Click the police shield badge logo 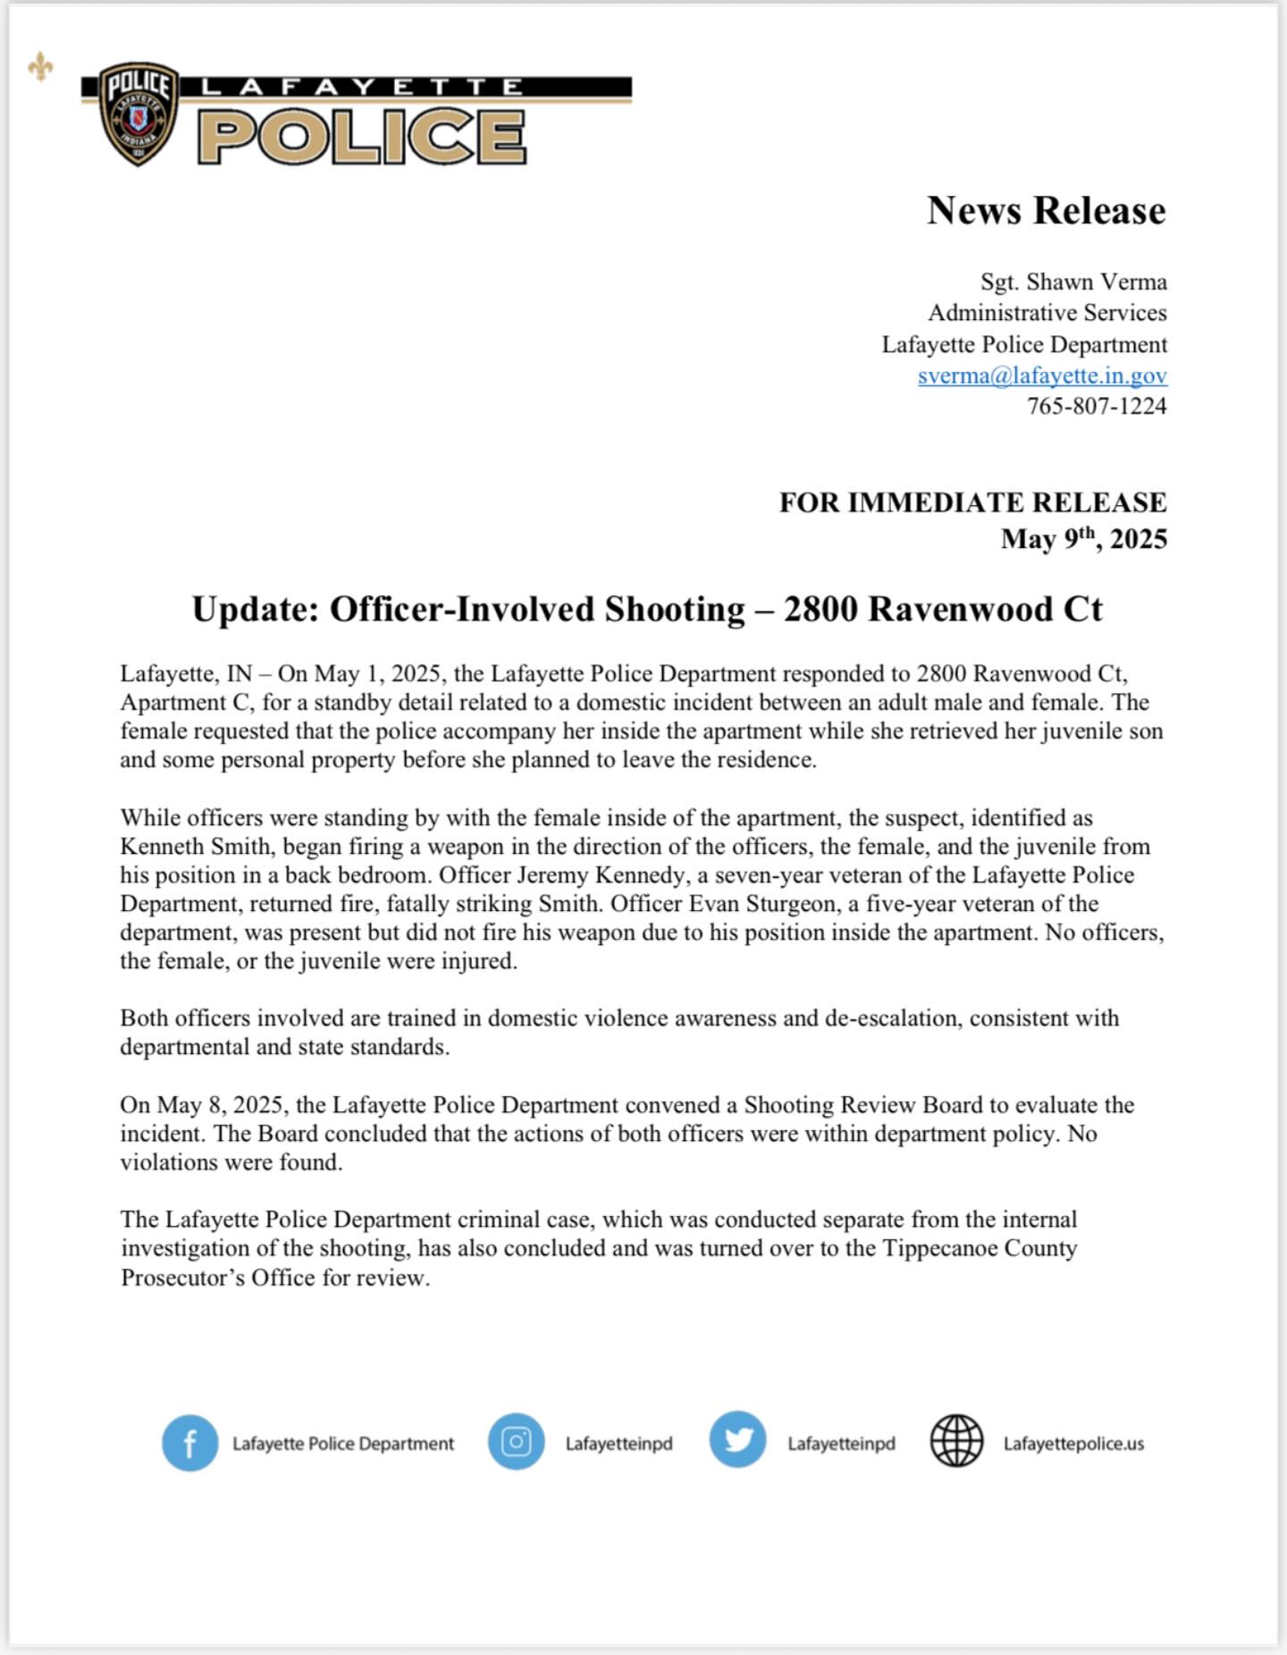coord(139,114)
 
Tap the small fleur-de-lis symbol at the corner coord(40,67)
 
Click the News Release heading coord(1046,211)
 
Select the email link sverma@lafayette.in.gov coord(1042,376)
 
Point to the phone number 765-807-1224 coord(1097,406)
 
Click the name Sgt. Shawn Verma coord(1073,282)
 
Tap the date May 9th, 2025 coord(1083,539)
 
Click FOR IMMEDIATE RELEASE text coord(972,502)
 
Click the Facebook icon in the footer coord(189,1443)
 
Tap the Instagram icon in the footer coord(516,1442)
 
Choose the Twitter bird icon coord(737,1440)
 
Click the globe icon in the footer coord(956,1441)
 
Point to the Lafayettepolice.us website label coord(1073,1444)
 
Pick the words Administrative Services coord(1047,313)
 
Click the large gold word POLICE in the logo coord(361,137)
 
